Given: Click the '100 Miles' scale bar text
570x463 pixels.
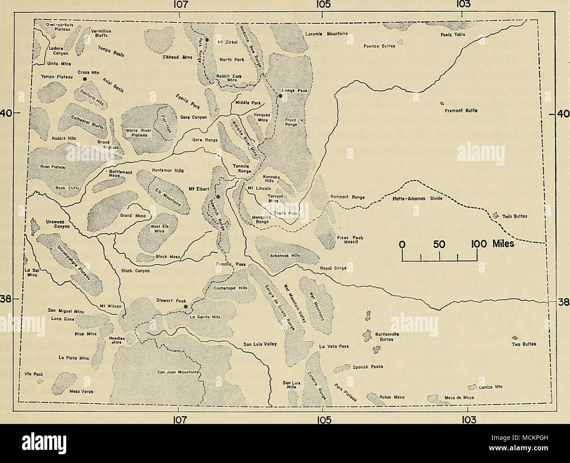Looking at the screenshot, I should (x=491, y=244).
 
